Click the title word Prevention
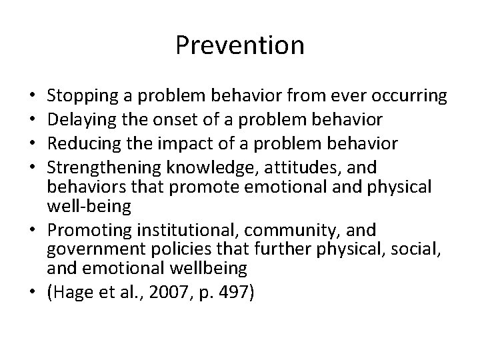point(240,45)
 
